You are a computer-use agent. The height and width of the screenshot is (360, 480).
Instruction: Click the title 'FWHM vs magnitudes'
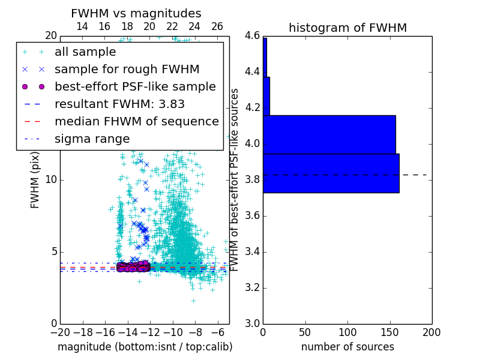tap(136, 13)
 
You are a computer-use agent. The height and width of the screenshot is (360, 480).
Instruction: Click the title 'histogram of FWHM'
tap(347, 28)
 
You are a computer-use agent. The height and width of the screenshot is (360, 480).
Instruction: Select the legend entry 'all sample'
tap(85, 52)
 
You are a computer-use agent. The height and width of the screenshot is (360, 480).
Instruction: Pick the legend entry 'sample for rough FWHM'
tap(127, 69)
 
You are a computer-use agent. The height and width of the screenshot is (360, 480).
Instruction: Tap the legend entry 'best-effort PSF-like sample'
tap(135, 86)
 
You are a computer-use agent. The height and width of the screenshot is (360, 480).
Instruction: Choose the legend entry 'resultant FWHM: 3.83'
tap(119, 104)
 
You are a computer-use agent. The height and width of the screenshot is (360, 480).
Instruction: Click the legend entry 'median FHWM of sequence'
tap(136, 121)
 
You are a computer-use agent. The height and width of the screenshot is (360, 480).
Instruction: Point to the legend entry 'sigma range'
tap(92, 139)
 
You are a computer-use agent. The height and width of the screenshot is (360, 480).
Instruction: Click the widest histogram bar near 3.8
tap(331, 173)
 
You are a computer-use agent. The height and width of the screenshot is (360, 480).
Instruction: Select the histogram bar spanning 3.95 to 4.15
tap(329, 134)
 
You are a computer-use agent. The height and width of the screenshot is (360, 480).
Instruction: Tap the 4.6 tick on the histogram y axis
tap(252, 36)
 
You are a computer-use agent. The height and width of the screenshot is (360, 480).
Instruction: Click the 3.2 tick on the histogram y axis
tap(252, 288)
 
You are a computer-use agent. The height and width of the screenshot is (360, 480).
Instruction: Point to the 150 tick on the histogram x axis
tap(389, 332)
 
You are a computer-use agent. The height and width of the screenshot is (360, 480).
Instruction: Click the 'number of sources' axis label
tap(347, 347)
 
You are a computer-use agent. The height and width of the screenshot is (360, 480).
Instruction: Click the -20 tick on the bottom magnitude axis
tap(60, 332)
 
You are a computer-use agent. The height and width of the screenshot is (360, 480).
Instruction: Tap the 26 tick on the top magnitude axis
tap(217, 26)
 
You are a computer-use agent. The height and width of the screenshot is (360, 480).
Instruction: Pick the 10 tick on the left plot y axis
tap(51, 180)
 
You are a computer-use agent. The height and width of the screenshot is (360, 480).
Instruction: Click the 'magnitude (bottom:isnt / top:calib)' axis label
tap(145, 347)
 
